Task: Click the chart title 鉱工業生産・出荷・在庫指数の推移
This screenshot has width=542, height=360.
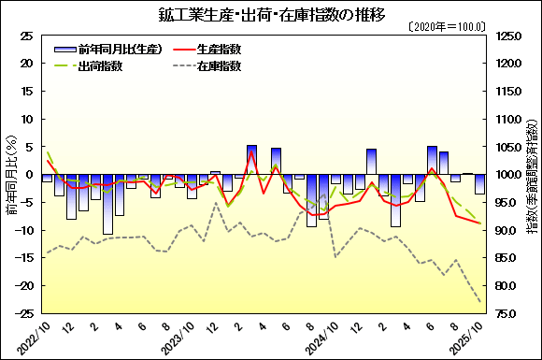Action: [x=271, y=15]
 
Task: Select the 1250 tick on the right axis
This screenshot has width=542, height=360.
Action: [x=510, y=36]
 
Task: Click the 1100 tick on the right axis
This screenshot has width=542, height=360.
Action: [x=510, y=120]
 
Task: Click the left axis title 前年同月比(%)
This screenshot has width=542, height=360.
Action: [x=10, y=175]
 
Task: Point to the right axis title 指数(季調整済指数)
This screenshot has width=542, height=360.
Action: [x=532, y=175]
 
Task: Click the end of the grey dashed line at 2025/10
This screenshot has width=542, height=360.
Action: [x=479, y=302]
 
